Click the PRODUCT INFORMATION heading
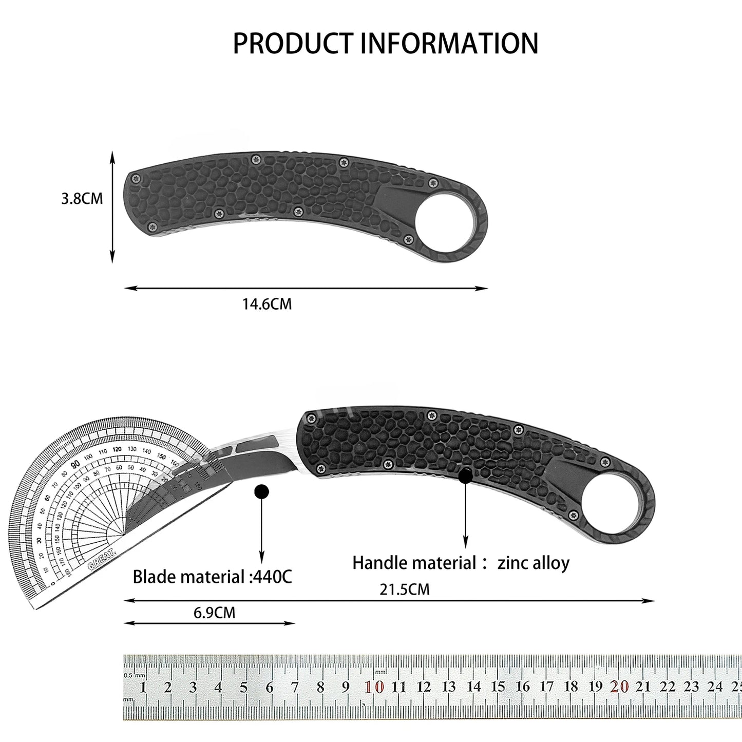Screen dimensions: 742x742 pos(386,43)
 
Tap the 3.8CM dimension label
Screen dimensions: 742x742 pos(82,199)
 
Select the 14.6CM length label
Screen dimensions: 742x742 pos(267,304)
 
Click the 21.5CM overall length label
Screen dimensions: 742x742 pos(405,589)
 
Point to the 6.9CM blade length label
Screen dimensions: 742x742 pos(215,612)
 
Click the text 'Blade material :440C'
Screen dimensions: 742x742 pos(212,577)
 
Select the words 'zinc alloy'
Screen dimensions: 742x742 pos(534,563)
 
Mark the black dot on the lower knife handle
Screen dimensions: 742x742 pos(465,476)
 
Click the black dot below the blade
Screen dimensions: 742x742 pos(262,492)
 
